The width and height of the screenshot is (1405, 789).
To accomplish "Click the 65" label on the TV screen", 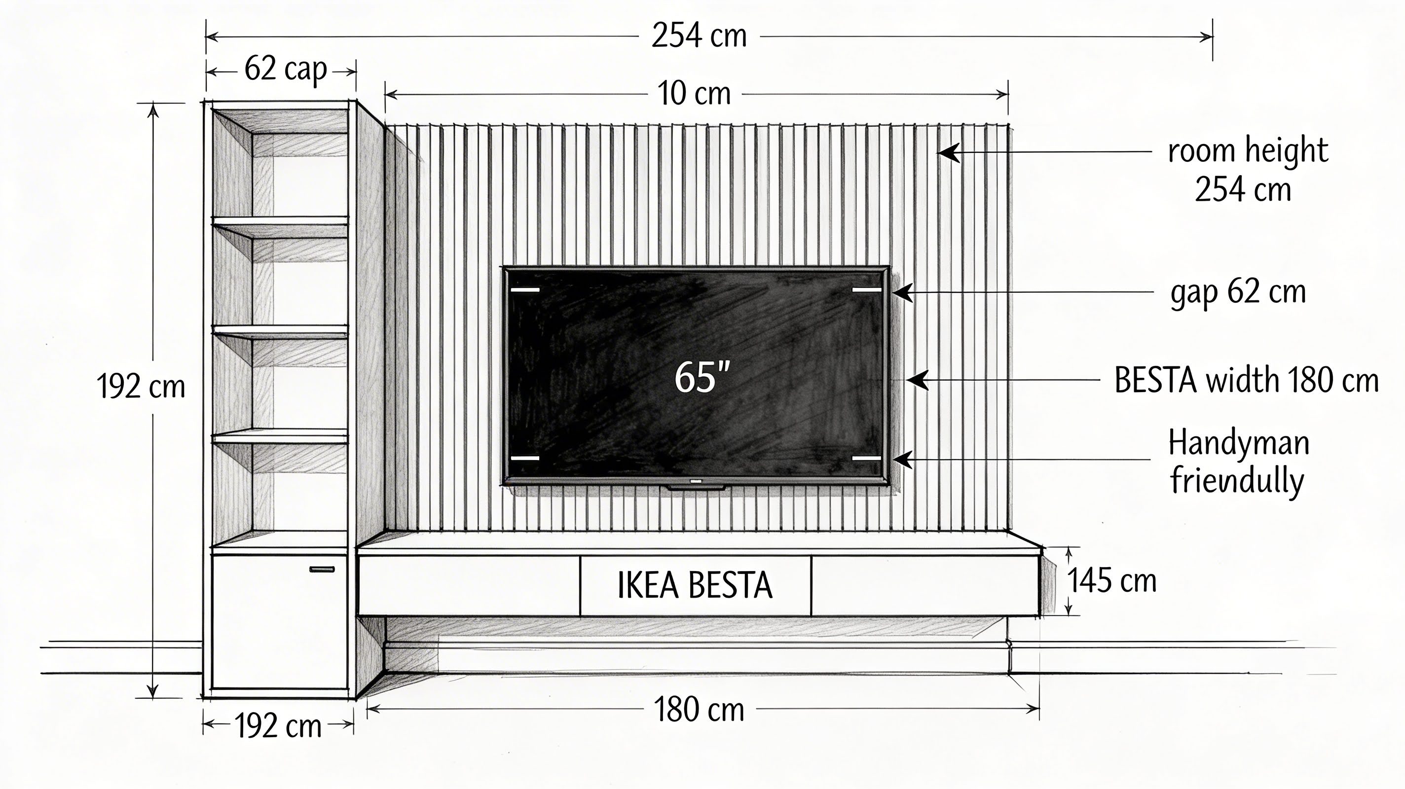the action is pos(702,377).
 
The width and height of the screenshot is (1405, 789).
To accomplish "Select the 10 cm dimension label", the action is pos(694,93).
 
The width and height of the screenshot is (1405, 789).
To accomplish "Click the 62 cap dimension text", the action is pos(286,70).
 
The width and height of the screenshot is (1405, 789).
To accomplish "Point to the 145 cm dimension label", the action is pos(1111,580).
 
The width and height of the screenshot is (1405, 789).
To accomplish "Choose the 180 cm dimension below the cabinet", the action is pos(699,710).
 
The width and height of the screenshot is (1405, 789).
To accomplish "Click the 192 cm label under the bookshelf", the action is pos(278,726).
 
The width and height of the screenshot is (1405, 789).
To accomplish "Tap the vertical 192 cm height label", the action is pos(141,386).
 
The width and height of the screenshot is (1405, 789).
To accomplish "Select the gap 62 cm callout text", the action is pos(1238,293).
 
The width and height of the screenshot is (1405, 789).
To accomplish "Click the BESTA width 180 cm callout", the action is pos(1247,380).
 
